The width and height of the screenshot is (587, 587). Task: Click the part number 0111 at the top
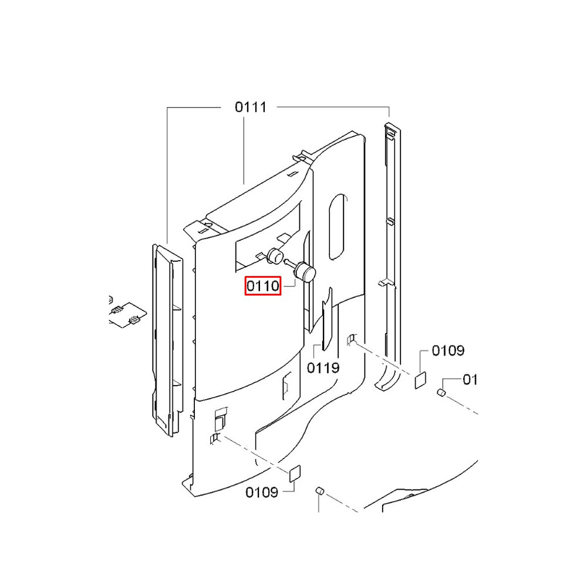pyautogui.click(x=251, y=107)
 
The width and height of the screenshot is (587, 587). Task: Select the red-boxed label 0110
pyautogui.click(x=263, y=286)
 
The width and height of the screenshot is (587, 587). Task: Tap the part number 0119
pyautogui.click(x=323, y=368)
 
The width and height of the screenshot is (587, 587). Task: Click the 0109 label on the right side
pyautogui.click(x=448, y=351)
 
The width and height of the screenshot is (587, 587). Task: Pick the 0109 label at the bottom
pyautogui.click(x=262, y=492)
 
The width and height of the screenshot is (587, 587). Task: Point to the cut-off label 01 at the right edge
pyautogui.click(x=470, y=380)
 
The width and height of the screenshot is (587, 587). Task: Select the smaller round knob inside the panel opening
pyautogui.click(x=275, y=256)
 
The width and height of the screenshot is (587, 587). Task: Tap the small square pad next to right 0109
pyautogui.click(x=420, y=380)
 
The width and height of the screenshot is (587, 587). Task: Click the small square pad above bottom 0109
pyautogui.click(x=295, y=474)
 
